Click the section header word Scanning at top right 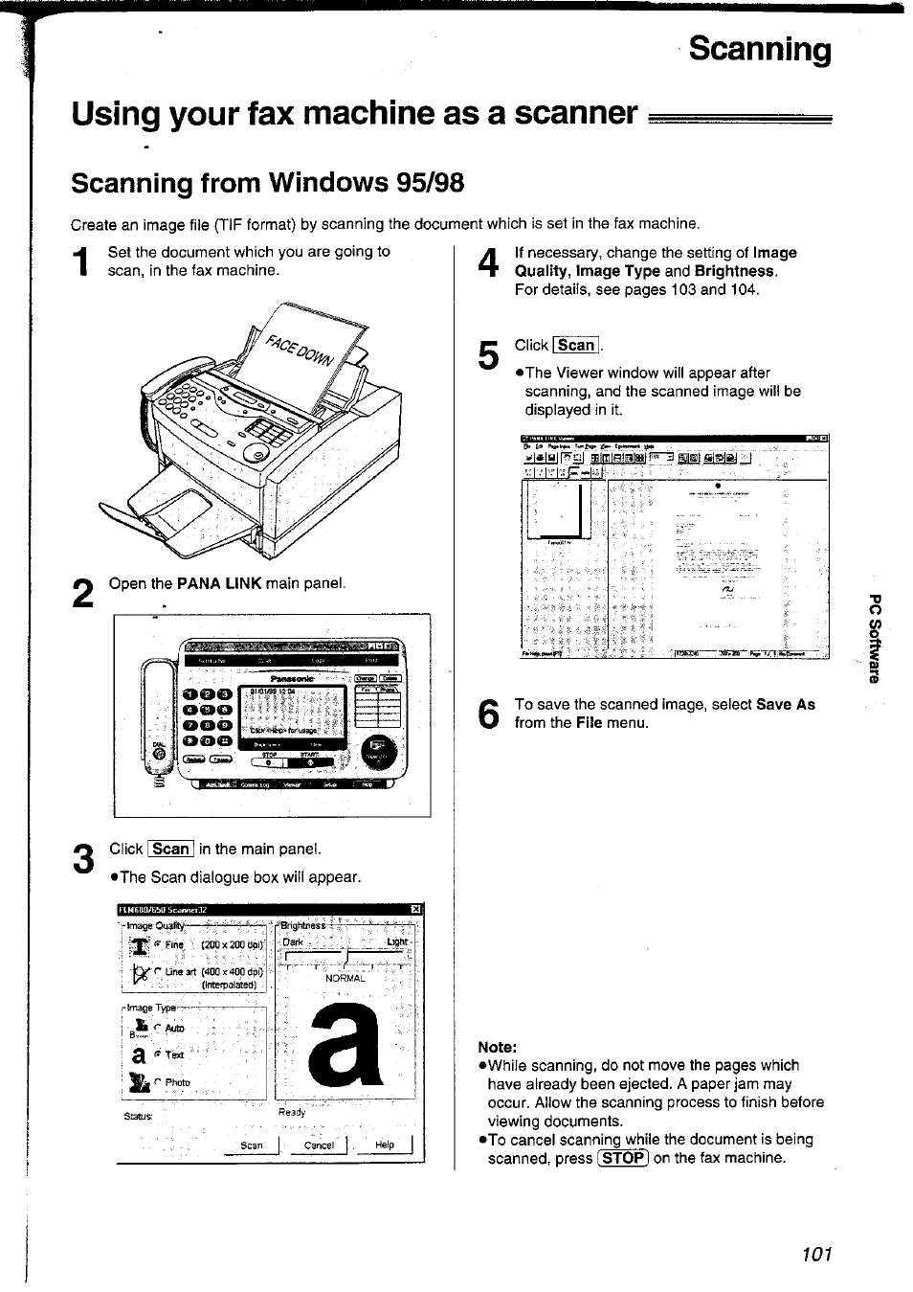pos(760,49)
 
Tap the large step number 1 pos(83,265)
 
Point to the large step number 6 pos(488,714)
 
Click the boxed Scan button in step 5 pos(576,346)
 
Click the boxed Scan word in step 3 pos(170,849)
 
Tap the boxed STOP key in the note pos(622,1157)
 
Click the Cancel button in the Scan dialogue pos(318,1145)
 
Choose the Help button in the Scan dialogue pos(385,1145)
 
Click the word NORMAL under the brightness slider pos(345,978)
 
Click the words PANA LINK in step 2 pos(219,583)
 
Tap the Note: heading pos(498,1046)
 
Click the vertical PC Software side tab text pos(873,640)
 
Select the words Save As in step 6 pos(785,704)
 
